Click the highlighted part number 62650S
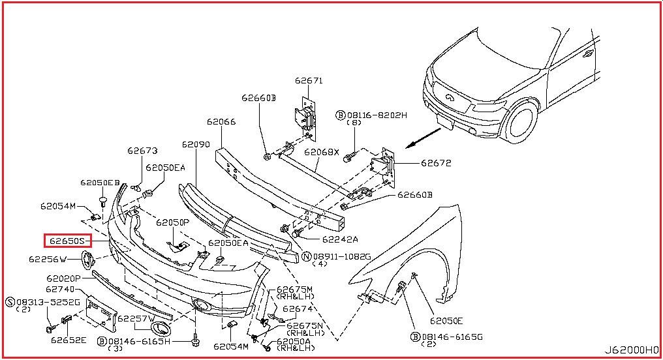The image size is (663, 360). [x=68, y=241]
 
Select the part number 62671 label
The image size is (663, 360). [x=309, y=80]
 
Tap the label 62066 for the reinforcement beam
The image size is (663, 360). [x=221, y=122]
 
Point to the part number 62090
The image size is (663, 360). [x=196, y=145]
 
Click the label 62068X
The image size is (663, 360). [x=321, y=152]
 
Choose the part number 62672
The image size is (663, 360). [x=436, y=163]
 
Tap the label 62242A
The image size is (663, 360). [x=340, y=239]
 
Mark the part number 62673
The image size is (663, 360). [x=142, y=151]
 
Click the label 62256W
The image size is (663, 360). [x=48, y=259]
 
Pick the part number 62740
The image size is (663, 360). [x=59, y=290]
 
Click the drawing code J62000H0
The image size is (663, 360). [x=632, y=350]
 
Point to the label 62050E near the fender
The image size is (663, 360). [x=446, y=321]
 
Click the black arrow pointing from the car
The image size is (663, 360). [x=424, y=138]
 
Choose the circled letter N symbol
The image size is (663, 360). [x=307, y=256]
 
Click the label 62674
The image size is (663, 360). [x=298, y=309]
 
